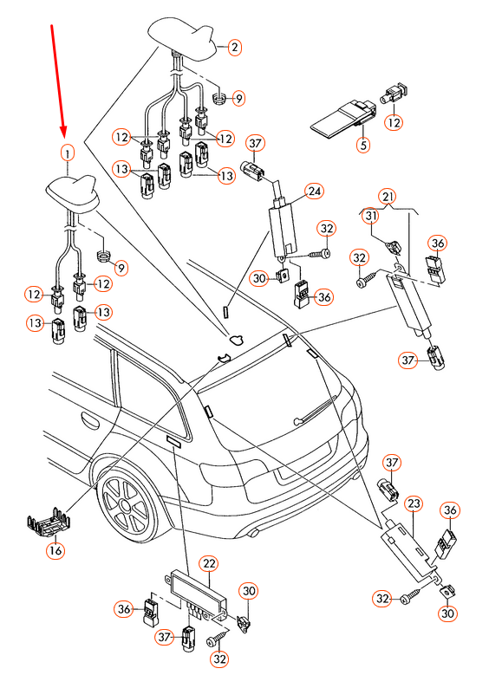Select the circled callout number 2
[235, 48]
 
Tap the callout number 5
[364, 146]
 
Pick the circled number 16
[55, 549]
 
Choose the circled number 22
[209, 563]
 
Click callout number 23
[414, 503]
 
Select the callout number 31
[369, 216]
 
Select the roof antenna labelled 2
[185, 36]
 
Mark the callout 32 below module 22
[220, 659]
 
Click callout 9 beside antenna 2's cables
[238, 99]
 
